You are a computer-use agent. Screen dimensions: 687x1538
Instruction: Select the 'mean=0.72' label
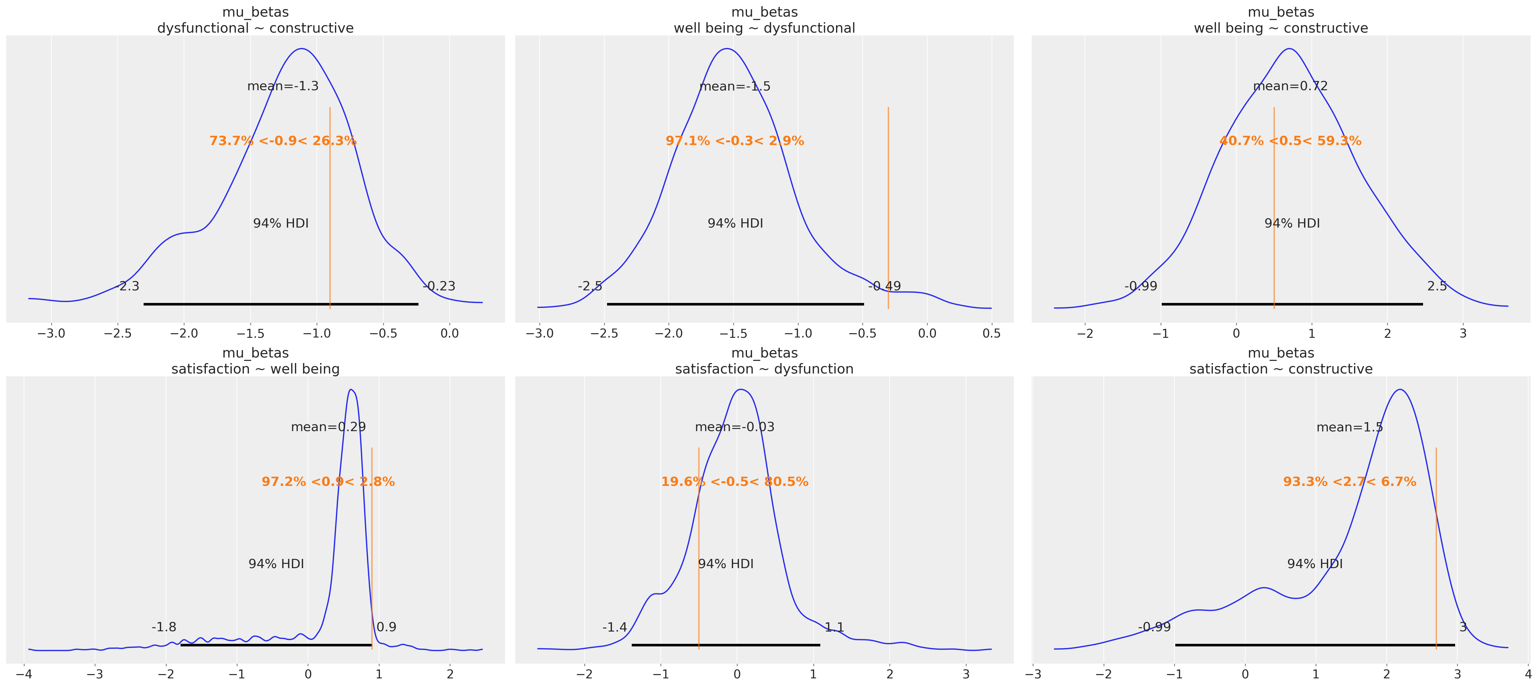coord(1290,86)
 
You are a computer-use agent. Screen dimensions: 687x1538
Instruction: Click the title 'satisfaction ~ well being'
coord(255,369)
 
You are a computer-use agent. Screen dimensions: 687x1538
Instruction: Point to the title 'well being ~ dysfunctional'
coord(764,28)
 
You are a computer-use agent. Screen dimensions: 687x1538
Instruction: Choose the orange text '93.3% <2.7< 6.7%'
coord(1349,482)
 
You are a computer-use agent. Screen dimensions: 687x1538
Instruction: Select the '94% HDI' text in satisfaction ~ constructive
coord(1315,564)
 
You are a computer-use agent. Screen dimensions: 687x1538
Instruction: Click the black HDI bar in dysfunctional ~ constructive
coord(281,305)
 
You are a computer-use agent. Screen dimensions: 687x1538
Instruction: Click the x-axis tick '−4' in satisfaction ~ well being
coord(24,674)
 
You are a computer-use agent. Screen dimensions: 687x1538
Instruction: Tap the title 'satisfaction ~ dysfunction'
coord(764,369)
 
